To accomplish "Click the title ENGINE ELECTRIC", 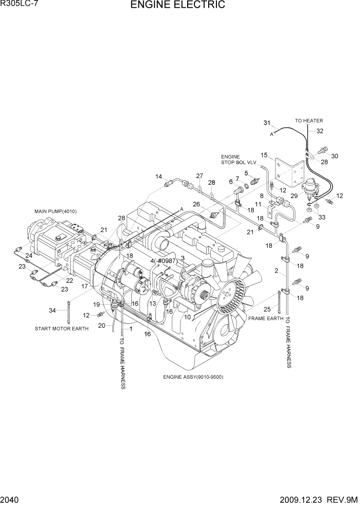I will click(x=177, y=6).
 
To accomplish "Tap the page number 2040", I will click(x=11, y=500).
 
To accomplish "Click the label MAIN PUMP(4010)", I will click(x=54, y=211).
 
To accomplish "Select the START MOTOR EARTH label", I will click(x=62, y=328).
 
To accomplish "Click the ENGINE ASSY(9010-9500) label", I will click(x=193, y=377).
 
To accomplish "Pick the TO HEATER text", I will click(x=309, y=121).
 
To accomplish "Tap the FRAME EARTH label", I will click(x=266, y=319).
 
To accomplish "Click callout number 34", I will click(x=52, y=310).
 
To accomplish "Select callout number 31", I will click(x=267, y=123).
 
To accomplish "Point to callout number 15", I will click(x=264, y=155).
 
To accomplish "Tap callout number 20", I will click(x=102, y=326).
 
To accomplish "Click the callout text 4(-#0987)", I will click(x=163, y=261).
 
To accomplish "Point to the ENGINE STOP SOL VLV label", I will click(x=230, y=160).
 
